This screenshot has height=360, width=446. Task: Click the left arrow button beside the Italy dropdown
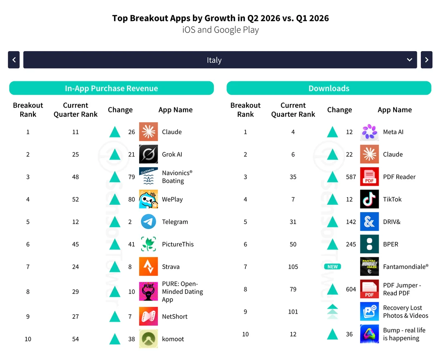(x=14, y=60)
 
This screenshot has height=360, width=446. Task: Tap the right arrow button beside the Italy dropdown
(x=426, y=60)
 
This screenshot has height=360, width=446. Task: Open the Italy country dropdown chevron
(x=409, y=60)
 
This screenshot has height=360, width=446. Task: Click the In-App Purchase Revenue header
(x=111, y=88)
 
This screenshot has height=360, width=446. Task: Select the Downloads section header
(x=329, y=88)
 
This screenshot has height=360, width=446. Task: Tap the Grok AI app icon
(x=149, y=154)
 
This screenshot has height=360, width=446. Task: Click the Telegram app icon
(x=149, y=222)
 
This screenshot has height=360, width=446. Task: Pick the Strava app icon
(x=149, y=266)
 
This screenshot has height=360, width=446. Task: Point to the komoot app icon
(x=149, y=339)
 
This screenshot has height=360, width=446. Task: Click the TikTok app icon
(x=370, y=199)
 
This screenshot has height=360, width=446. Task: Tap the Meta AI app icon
(x=370, y=132)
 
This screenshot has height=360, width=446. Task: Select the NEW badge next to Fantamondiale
(x=332, y=266)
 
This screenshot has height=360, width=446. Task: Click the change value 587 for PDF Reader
(x=351, y=177)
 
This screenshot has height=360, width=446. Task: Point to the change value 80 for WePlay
(x=131, y=199)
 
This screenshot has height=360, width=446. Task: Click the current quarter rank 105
(x=293, y=267)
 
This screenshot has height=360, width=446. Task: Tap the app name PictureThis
(x=178, y=244)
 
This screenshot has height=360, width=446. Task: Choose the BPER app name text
(x=391, y=244)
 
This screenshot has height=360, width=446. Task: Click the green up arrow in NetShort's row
(x=115, y=316)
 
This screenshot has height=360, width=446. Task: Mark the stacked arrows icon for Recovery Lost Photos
(x=332, y=311)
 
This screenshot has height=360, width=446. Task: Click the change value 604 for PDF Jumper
(x=351, y=289)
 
